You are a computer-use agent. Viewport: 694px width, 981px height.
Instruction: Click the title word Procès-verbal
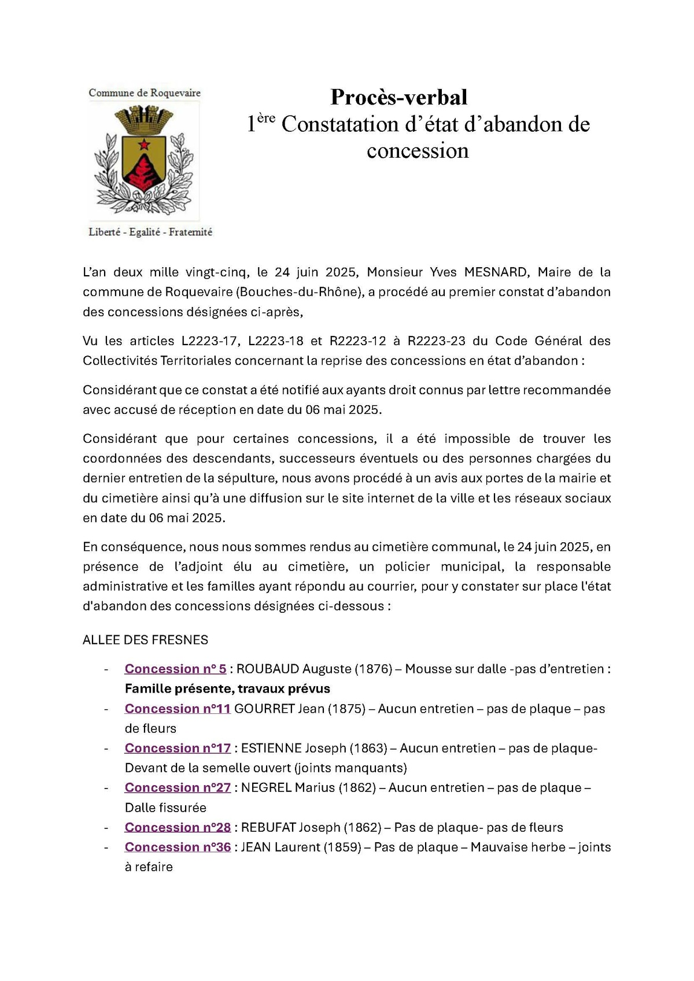tap(398, 97)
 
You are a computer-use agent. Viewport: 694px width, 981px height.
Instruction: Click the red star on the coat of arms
tap(143, 145)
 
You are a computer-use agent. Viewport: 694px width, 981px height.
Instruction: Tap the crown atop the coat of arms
tap(144, 118)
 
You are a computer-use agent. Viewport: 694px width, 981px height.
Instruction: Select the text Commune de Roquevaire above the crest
tap(145, 92)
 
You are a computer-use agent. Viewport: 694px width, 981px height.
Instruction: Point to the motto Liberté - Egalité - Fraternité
tap(150, 232)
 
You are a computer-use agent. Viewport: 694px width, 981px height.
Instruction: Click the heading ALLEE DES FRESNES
tap(145, 640)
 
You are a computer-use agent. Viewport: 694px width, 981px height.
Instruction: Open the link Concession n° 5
tap(175, 669)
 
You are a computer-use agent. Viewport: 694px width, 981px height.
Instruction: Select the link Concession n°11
tap(178, 709)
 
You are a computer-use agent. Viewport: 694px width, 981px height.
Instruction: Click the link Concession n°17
tap(178, 748)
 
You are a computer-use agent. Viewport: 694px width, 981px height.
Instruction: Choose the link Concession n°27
tap(178, 787)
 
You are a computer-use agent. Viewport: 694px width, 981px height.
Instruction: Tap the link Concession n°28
tap(178, 827)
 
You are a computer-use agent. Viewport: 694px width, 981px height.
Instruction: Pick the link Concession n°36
tap(178, 847)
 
